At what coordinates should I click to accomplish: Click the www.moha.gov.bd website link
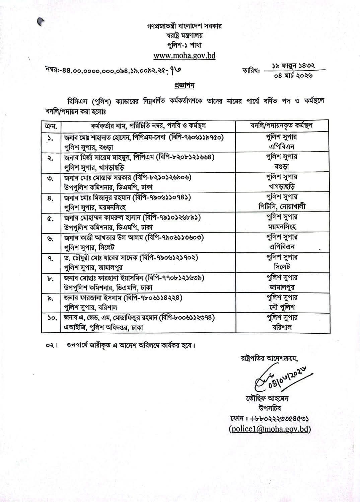click(184, 55)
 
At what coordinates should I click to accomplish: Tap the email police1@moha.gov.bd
click(269, 429)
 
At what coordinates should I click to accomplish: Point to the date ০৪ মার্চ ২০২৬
click(293, 76)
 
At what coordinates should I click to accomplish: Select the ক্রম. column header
click(51, 126)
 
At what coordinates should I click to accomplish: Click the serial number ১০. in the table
click(52, 318)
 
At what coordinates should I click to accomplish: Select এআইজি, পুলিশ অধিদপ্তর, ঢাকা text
click(104, 328)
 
